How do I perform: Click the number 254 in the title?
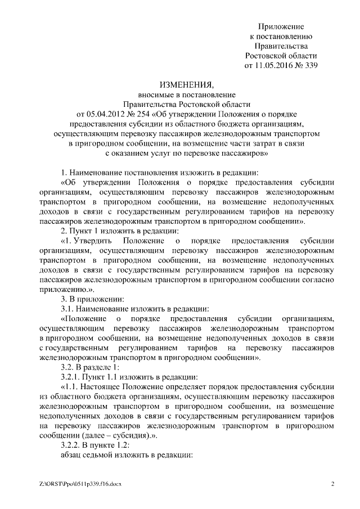pos(145,114)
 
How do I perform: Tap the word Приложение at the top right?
pos(281,26)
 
